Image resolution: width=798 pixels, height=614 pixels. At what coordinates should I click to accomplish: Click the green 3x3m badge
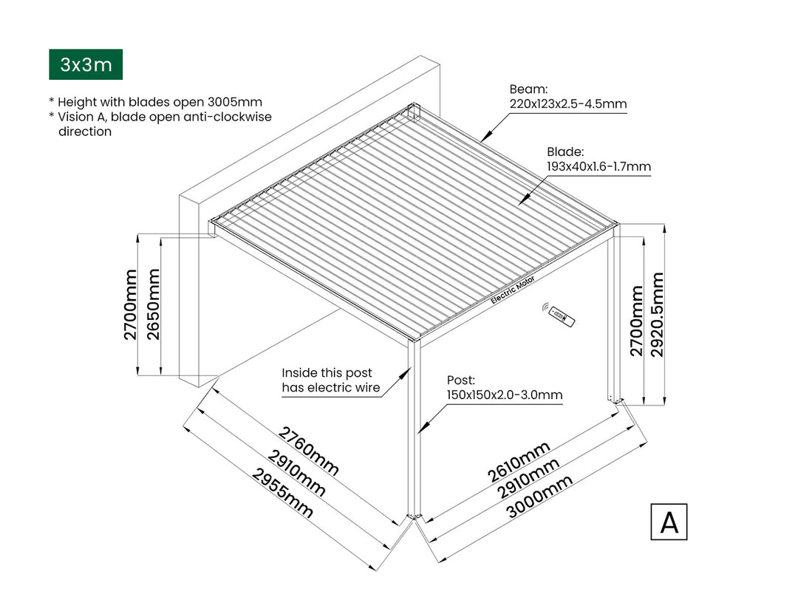(86, 65)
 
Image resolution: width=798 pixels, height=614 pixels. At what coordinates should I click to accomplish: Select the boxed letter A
(669, 522)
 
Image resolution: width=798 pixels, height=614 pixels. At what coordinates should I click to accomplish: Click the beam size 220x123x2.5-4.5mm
(567, 104)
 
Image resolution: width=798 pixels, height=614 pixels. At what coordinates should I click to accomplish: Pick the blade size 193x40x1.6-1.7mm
(598, 166)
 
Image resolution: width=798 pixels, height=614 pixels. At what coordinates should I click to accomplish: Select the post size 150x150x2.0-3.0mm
(504, 395)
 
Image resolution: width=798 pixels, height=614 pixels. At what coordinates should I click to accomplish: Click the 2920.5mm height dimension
(658, 314)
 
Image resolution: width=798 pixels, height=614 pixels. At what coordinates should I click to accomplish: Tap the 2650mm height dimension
(154, 304)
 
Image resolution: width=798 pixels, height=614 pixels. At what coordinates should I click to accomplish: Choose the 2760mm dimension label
(308, 451)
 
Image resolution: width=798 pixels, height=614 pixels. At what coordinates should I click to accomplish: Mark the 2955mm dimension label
(283, 493)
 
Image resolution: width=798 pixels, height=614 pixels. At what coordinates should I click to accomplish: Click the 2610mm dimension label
(519, 463)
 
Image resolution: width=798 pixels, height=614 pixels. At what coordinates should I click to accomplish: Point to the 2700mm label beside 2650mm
(131, 304)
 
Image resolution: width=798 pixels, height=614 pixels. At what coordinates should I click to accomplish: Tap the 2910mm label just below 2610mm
(528, 478)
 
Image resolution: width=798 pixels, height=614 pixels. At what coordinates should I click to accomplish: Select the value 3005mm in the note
(232, 102)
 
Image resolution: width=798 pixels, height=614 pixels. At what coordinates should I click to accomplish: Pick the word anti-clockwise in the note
(230, 117)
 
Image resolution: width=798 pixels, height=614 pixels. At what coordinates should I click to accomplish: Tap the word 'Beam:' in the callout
(528, 89)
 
